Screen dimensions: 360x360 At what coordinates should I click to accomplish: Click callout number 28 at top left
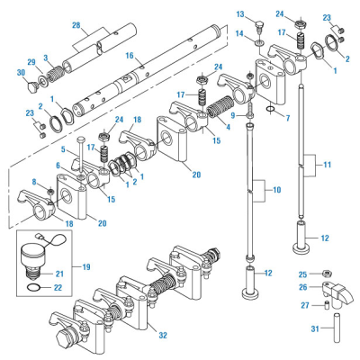(x=76, y=24)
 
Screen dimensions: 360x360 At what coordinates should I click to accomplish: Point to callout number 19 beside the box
(x=85, y=267)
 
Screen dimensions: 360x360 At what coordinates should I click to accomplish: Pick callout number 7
(x=287, y=118)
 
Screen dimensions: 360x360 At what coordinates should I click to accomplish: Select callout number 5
(x=64, y=149)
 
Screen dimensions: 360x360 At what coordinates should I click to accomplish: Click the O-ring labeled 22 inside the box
(x=33, y=288)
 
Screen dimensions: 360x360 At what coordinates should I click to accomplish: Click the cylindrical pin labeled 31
(x=336, y=325)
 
